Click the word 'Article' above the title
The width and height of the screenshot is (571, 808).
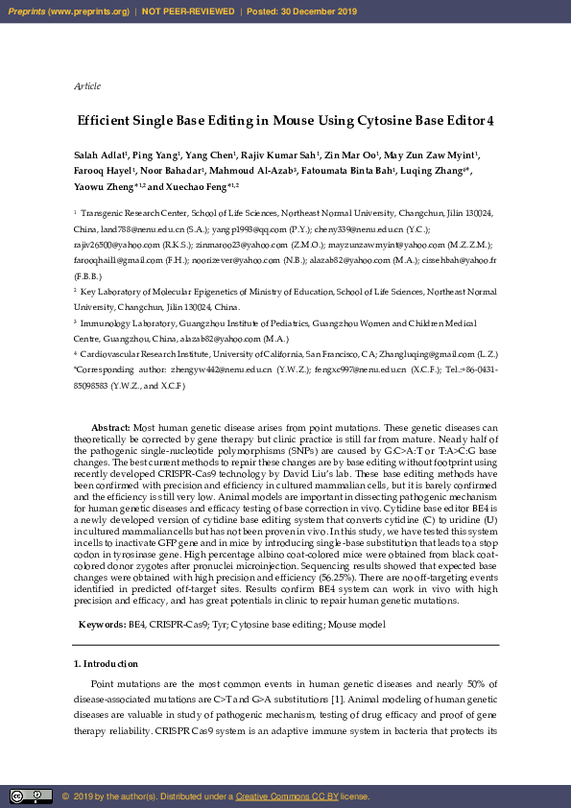click(x=87, y=86)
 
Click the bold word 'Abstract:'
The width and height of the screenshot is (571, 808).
click(x=110, y=426)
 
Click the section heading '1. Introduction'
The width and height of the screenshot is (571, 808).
click(x=106, y=663)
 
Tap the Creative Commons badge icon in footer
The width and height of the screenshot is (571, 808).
click(x=32, y=796)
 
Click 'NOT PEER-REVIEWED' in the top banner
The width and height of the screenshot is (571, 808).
click(x=188, y=12)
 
